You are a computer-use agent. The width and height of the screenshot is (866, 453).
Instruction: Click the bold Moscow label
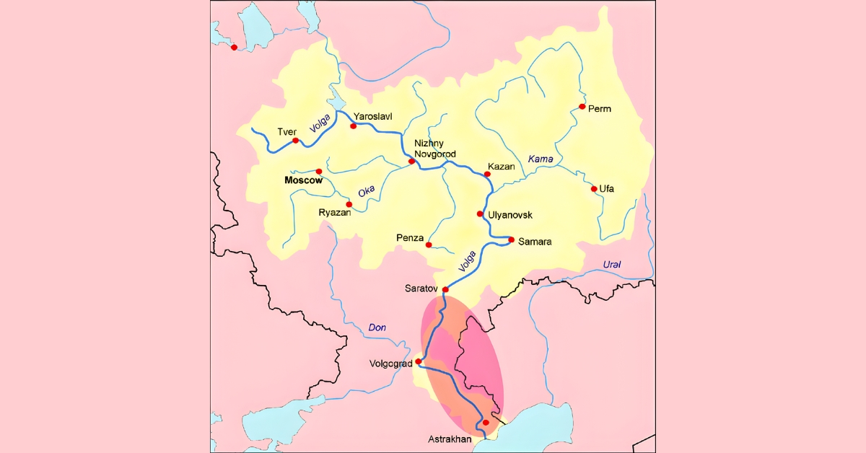tap(303, 180)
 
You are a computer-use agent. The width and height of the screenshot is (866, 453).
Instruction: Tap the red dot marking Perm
tap(582, 107)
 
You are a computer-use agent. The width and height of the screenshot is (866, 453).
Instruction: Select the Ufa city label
tap(607, 189)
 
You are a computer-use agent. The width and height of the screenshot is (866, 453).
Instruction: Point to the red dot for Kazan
tap(486, 174)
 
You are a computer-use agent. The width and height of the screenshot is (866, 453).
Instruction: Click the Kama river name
tap(540, 159)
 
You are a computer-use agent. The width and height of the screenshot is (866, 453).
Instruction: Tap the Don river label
tap(377, 327)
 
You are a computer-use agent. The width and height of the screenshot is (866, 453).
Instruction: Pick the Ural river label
tap(611, 265)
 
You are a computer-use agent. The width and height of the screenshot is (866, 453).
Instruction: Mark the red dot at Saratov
tap(445, 289)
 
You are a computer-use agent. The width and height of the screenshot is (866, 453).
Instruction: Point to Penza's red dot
tap(429, 245)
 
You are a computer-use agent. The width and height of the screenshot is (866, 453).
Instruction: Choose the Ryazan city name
tap(335, 213)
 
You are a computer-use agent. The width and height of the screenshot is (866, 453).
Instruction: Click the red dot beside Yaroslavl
tap(354, 126)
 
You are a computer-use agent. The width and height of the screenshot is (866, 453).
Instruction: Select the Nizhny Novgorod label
tap(435, 149)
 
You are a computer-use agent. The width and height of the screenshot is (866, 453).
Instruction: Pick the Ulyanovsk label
tap(510, 215)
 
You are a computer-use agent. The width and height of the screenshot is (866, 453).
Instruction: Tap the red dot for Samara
tap(511, 239)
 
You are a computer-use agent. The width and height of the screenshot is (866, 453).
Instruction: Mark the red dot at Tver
tap(295, 141)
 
